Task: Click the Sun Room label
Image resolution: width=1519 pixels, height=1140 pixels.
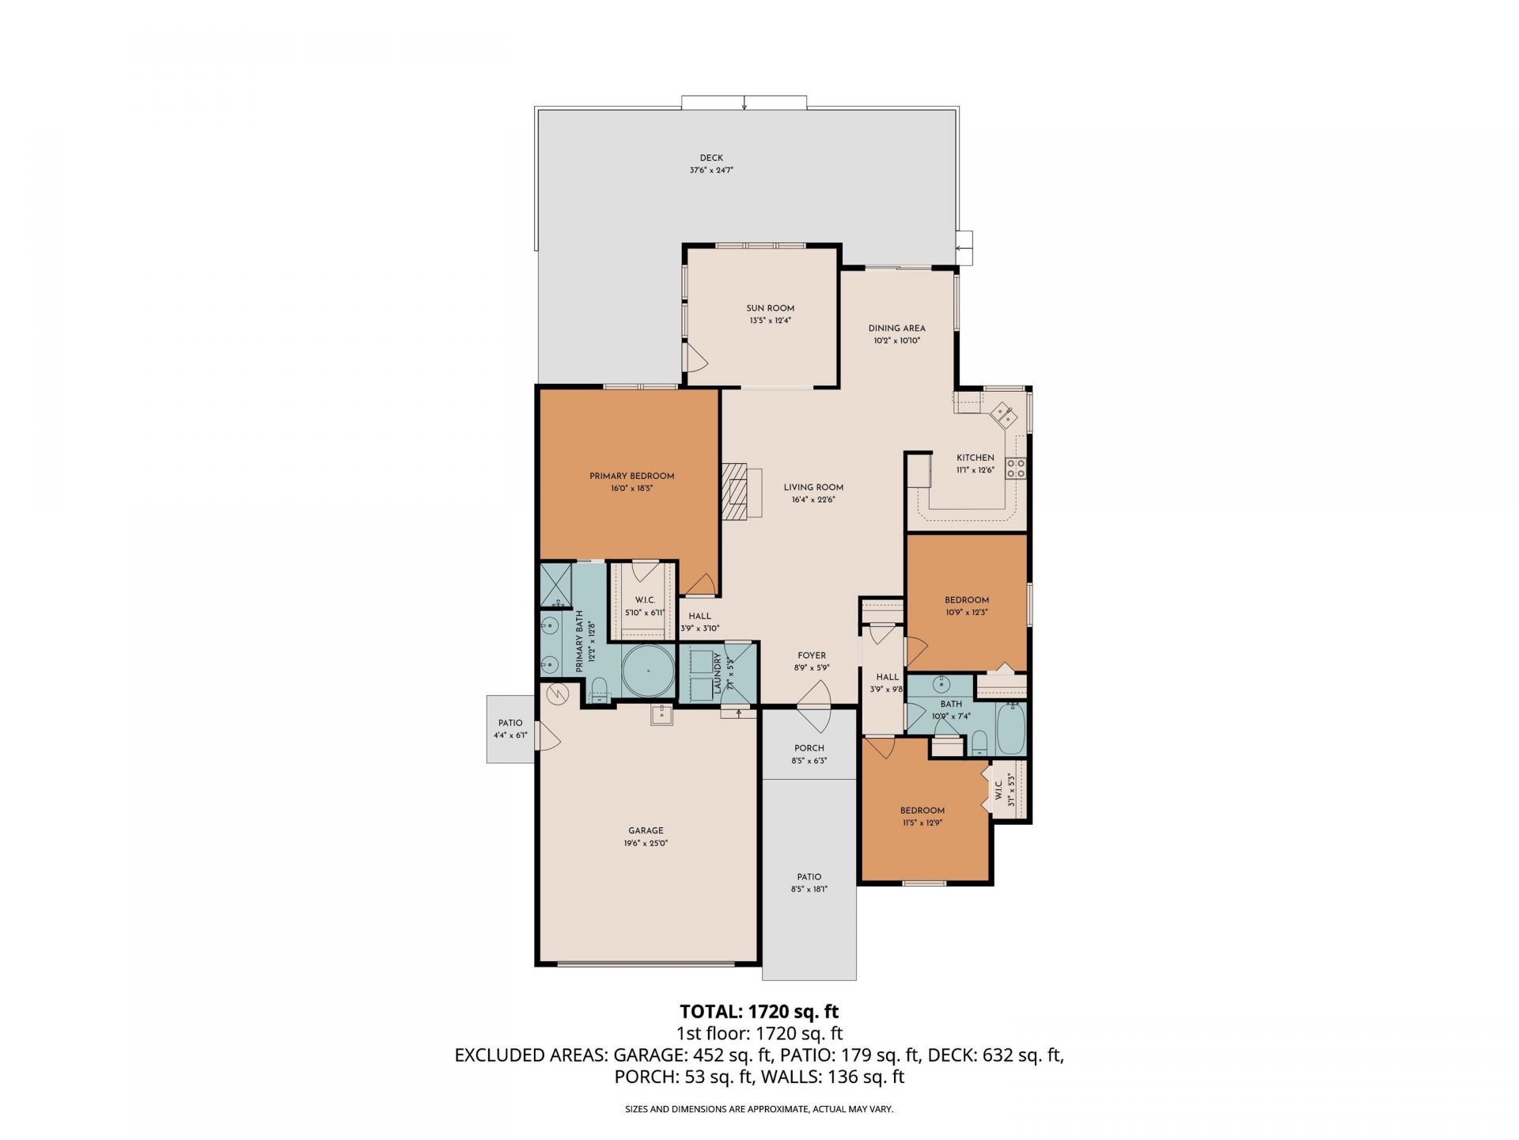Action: [770, 309]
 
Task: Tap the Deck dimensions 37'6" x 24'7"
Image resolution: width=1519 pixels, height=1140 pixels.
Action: [711, 170]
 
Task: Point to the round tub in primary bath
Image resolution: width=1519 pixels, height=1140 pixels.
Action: [647, 671]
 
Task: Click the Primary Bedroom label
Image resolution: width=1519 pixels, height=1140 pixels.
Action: [631, 477]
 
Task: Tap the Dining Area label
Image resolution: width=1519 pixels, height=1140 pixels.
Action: [896, 329]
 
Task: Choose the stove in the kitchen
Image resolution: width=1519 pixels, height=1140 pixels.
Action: [1016, 468]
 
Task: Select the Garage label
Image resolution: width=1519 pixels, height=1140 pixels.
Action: [646, 830]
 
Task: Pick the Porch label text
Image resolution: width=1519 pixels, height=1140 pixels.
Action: [809, 748]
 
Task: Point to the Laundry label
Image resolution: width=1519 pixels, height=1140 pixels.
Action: [718, 674]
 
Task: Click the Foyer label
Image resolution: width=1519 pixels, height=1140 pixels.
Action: [812, 655]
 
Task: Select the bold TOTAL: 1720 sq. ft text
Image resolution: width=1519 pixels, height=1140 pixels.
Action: [759, 1011]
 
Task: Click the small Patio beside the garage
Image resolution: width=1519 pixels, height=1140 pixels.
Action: [511, 729]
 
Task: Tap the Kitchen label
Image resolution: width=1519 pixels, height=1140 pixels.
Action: [975, 458]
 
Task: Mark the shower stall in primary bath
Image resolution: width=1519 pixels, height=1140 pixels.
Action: [556, 584]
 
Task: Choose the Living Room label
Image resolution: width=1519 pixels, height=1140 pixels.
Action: [813, 488]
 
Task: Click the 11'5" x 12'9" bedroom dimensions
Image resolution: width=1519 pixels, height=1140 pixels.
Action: [922, 823]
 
